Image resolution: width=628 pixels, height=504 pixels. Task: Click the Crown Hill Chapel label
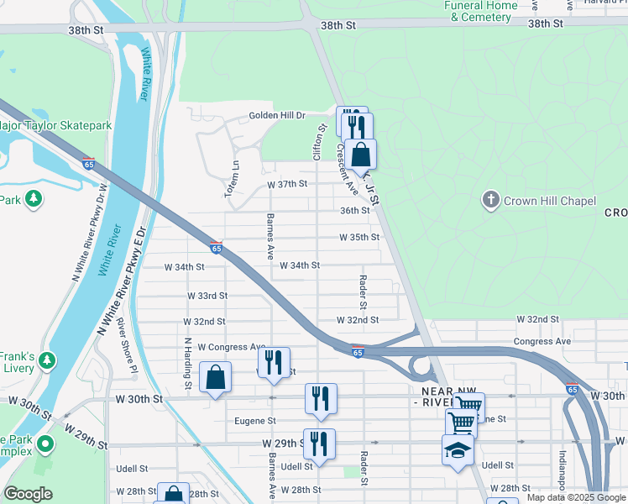549,201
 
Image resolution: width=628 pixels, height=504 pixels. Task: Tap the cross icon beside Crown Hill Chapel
491,200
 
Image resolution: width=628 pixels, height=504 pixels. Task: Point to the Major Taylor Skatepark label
55,125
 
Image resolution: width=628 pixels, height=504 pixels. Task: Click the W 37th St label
287,183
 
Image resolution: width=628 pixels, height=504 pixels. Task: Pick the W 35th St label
359,238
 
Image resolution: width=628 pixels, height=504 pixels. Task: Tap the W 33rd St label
207,296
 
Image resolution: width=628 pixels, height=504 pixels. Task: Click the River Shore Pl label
125,343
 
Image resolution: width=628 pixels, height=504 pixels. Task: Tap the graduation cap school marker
458,451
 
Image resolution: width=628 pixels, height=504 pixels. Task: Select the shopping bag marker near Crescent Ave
360,155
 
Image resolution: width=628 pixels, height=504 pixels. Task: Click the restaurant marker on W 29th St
319,444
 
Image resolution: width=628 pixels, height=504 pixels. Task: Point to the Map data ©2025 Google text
576,497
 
